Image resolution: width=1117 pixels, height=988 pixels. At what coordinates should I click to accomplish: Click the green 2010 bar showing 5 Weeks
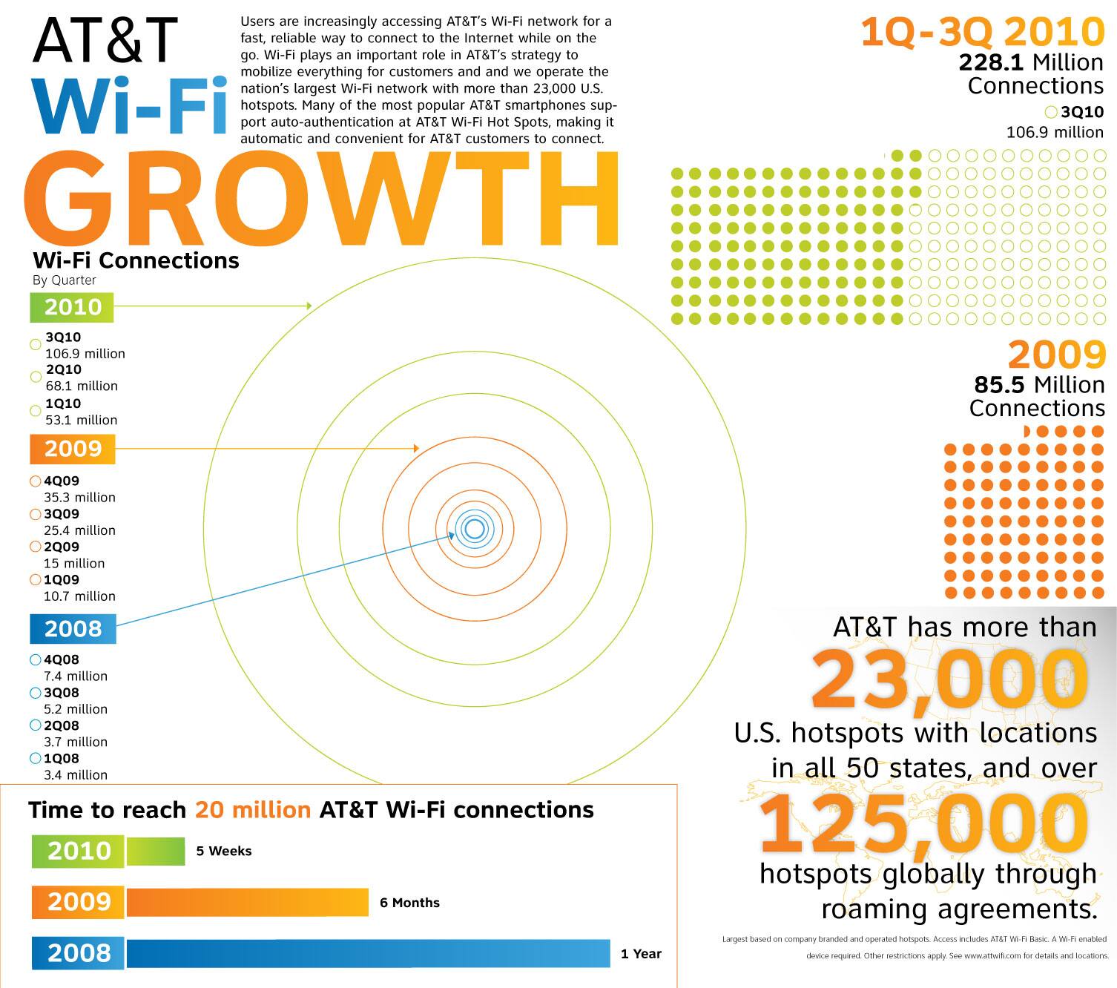[155, 852]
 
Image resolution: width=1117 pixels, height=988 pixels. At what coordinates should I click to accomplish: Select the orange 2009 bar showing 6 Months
[247, 903]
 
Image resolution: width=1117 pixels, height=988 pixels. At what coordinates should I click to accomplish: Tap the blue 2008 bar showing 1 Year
[368, 954]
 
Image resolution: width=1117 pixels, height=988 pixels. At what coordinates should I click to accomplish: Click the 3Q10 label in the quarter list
[63, 337]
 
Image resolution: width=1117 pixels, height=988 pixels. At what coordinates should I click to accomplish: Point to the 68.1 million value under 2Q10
[82, 386]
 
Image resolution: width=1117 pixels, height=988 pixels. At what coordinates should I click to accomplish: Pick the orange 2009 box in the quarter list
[72, 449]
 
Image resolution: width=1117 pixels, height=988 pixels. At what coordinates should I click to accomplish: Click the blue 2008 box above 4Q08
[72, 629]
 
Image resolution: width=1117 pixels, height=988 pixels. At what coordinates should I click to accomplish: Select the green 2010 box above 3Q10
[72, 307]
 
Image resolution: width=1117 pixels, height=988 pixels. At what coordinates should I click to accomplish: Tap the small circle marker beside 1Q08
[35, 759]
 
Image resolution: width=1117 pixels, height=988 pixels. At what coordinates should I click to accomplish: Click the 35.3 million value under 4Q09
[79, 497]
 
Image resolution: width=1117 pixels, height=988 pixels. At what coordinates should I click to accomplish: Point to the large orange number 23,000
[949, 679]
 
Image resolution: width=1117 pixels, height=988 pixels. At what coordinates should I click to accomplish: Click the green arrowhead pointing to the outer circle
[309, 306]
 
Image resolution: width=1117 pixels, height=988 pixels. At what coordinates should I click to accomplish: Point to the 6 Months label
[409, 903]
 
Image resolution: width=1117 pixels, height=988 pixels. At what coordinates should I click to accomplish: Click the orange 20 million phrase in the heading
[253, 810]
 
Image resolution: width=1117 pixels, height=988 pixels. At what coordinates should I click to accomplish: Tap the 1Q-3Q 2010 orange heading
[983, 33]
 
